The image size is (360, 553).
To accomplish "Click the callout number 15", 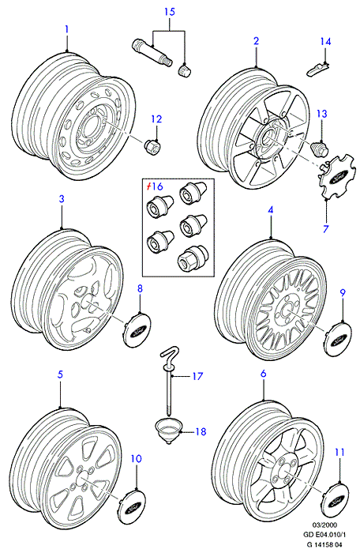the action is [170, 12].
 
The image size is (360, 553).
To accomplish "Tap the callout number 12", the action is [156, 119].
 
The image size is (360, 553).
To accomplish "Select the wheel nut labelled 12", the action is [152, 145].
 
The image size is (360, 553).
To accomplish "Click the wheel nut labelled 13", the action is [321, 149].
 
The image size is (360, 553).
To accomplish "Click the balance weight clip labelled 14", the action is [317, 69].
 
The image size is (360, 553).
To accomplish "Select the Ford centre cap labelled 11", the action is [336, 499].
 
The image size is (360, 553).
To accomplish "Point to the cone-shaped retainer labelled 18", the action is [168, 430].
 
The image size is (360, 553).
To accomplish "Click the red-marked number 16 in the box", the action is [156, 186].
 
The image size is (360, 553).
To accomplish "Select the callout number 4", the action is [271, 210].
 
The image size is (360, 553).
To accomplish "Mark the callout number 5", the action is [60, 374].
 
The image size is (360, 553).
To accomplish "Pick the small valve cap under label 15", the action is [184, 70].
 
